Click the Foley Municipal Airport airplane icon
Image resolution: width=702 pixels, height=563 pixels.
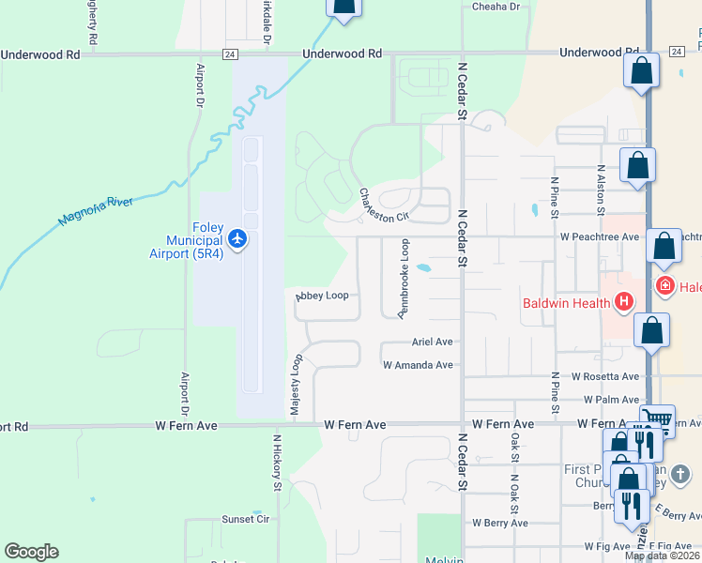[x=237, y=240]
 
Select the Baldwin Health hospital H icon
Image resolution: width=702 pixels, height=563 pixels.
[x=624, y=302]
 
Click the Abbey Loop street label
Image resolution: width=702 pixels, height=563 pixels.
[x=322, y=296]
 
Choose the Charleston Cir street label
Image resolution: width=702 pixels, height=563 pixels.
[x=385, y=205]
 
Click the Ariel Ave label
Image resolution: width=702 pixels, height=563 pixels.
[x=432, y=342]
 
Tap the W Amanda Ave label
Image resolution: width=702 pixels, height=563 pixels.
[x=418, y=365]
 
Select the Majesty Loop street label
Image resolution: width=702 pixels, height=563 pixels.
[x=295, y=386]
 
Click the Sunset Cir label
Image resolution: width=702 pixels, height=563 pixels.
[x=245, y=519]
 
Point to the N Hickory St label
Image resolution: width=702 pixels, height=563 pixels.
[x=277, y=463]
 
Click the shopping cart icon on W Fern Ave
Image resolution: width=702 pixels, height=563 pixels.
[x=657, y=418]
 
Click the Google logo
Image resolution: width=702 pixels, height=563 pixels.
[x=31, y=552]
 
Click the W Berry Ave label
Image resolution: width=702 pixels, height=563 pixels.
[x=500, y=523]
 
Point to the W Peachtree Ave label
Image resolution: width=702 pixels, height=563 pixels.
[x=600, y=236]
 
